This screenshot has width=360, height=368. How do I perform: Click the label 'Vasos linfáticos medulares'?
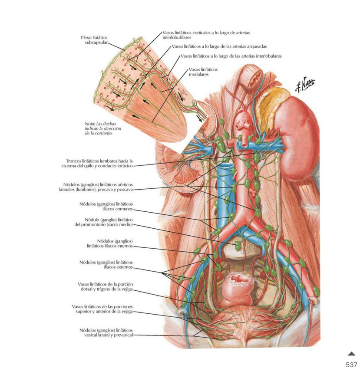pyautogui.click(x=203, y=72)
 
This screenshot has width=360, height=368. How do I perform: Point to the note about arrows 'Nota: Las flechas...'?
pyautogui.click(x=103, y=129)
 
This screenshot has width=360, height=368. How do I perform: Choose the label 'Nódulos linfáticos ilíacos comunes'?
pyautogui.click(x=106, y=206)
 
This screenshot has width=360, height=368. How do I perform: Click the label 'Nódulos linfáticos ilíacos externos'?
pyautogui.click(x=106, y=264)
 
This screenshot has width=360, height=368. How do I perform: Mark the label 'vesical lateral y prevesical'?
pyautogui.click(x=106, y=332)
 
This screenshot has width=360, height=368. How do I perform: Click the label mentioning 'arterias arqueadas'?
pyautogui.click(x=219, y=46)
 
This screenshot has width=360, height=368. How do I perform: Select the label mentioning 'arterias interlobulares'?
pyautogui.click(x=231, y=56)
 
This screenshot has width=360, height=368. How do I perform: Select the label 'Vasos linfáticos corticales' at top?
pyautogui.click(x=206, y=35)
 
